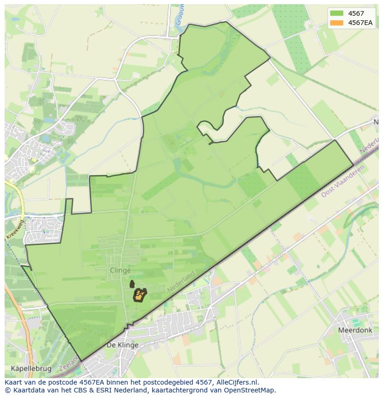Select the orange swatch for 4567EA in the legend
[337, 23]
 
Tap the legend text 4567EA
[361, 23]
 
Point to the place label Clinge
[120, 270]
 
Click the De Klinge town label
[123, 345]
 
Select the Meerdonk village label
[355, 331]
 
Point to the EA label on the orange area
[138, 294]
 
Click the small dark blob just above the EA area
[132, 283]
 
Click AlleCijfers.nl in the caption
[239, 382]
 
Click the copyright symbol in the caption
[8, 390]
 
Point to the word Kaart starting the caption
[14, 382]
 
